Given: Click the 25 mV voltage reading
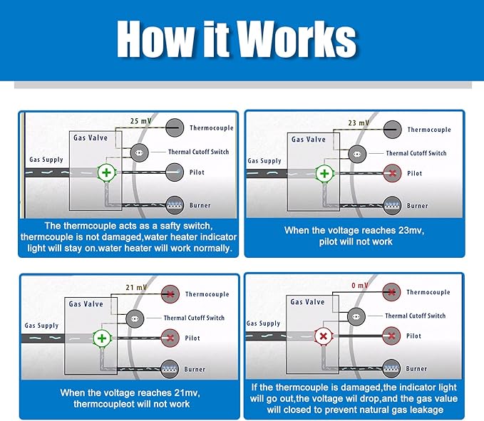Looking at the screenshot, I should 140,120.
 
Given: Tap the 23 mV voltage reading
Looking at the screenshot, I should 359,123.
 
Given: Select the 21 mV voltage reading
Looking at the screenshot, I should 135,287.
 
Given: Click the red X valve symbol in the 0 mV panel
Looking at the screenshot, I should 324,336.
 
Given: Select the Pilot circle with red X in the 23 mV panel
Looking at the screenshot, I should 391,173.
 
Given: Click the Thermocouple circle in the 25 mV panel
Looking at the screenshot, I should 173,128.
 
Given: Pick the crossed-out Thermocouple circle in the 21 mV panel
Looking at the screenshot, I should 170,293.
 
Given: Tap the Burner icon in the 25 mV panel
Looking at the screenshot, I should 173,205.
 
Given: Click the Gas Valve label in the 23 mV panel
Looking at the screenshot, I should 308,140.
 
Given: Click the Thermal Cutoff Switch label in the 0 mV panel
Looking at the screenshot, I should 416,316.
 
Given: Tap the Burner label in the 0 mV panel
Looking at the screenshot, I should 417,369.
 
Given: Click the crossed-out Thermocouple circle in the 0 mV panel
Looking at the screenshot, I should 391,291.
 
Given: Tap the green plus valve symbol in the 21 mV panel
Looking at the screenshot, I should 103,338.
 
